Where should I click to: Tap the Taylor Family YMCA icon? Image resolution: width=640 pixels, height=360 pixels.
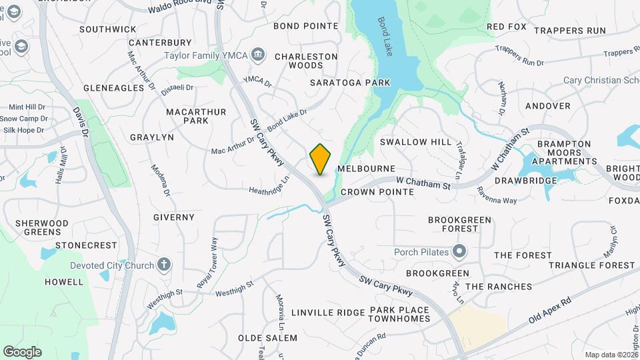pyautogui.click(x=259, y=53)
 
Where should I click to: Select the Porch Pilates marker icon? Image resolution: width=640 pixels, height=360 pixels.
pyautogui.click(x=459, y=252)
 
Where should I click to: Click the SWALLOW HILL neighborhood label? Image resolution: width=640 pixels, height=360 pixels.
pyautogui.click(x=415, y=142)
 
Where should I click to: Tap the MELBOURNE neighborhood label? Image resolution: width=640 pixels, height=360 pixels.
pyautogui.click(x=366, y=169)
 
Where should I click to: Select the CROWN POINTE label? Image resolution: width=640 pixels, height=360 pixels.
pyautogui.click(x=377, y=192)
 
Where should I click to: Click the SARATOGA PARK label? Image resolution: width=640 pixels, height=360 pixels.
pyautogui.click(x=350, y=83)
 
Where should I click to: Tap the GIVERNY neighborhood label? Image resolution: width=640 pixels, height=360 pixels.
pyautogui.click(x=173, y=217)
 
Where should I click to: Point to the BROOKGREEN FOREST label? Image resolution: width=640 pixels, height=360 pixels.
pyautogui.click(x=459, y=224)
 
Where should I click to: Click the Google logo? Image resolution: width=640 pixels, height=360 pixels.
pyautogui.click(x=22, y=352)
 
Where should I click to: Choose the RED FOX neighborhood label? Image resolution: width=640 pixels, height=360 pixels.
pyautogui.click(x=507, y=27)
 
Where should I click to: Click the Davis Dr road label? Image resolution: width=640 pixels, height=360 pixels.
pyautogui.click(x=81, y=123)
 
